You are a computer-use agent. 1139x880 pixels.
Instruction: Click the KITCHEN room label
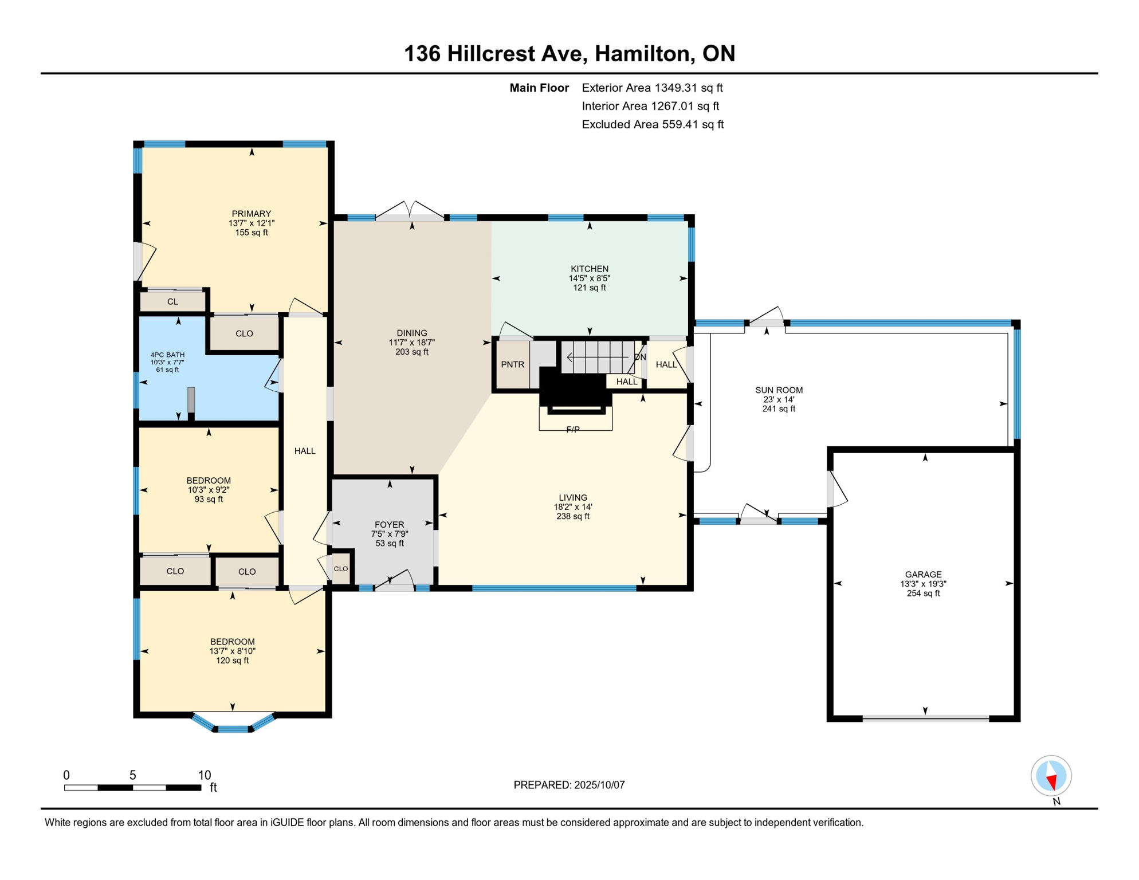589,269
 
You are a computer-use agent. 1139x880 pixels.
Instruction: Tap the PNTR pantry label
512,364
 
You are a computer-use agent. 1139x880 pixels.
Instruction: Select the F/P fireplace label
572,430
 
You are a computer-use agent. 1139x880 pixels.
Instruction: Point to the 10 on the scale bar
204,775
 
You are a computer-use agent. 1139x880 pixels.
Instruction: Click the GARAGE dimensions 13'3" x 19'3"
923,584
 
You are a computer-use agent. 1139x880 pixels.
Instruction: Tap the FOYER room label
389,525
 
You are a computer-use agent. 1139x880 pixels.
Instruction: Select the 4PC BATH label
167,355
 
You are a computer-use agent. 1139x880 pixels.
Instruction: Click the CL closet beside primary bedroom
172,301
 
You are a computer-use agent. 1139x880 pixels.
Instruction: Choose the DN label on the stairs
640,357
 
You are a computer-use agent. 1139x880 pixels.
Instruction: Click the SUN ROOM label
779,390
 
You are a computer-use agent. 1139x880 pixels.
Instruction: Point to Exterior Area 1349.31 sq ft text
652,88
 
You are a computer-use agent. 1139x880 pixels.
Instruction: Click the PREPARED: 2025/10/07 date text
569,785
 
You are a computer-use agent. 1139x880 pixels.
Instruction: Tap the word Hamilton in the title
642,53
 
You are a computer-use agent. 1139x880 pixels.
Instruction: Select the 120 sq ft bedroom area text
232,661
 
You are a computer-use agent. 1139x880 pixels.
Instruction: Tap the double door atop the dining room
410,212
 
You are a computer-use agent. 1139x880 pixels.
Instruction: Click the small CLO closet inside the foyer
341,569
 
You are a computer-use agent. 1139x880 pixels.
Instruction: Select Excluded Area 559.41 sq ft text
653,124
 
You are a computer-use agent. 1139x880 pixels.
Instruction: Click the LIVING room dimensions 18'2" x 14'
572,507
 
